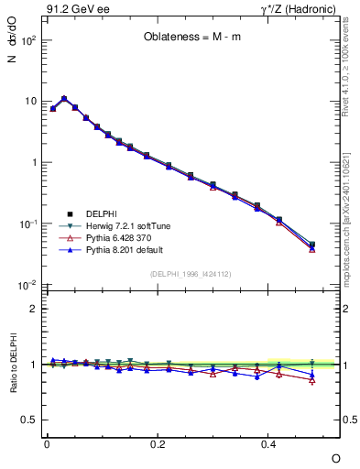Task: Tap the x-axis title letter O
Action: pyautogui.click(x=335, y=457)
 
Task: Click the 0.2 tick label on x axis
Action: pyautogui.click(x=158, y=442)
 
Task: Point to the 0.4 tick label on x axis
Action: pyautogui.click(x=268, y=442)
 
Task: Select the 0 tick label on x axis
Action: pyautogui.click(x=47, y=442)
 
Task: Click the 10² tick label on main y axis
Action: pyautogui.click(x=27, y=40)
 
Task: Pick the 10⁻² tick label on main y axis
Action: pyautogui.click(x=27, y=285)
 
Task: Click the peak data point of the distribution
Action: pyautogui.click(x=64, y=98)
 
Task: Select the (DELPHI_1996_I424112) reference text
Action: pyautogui.click(x=191, y=273)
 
